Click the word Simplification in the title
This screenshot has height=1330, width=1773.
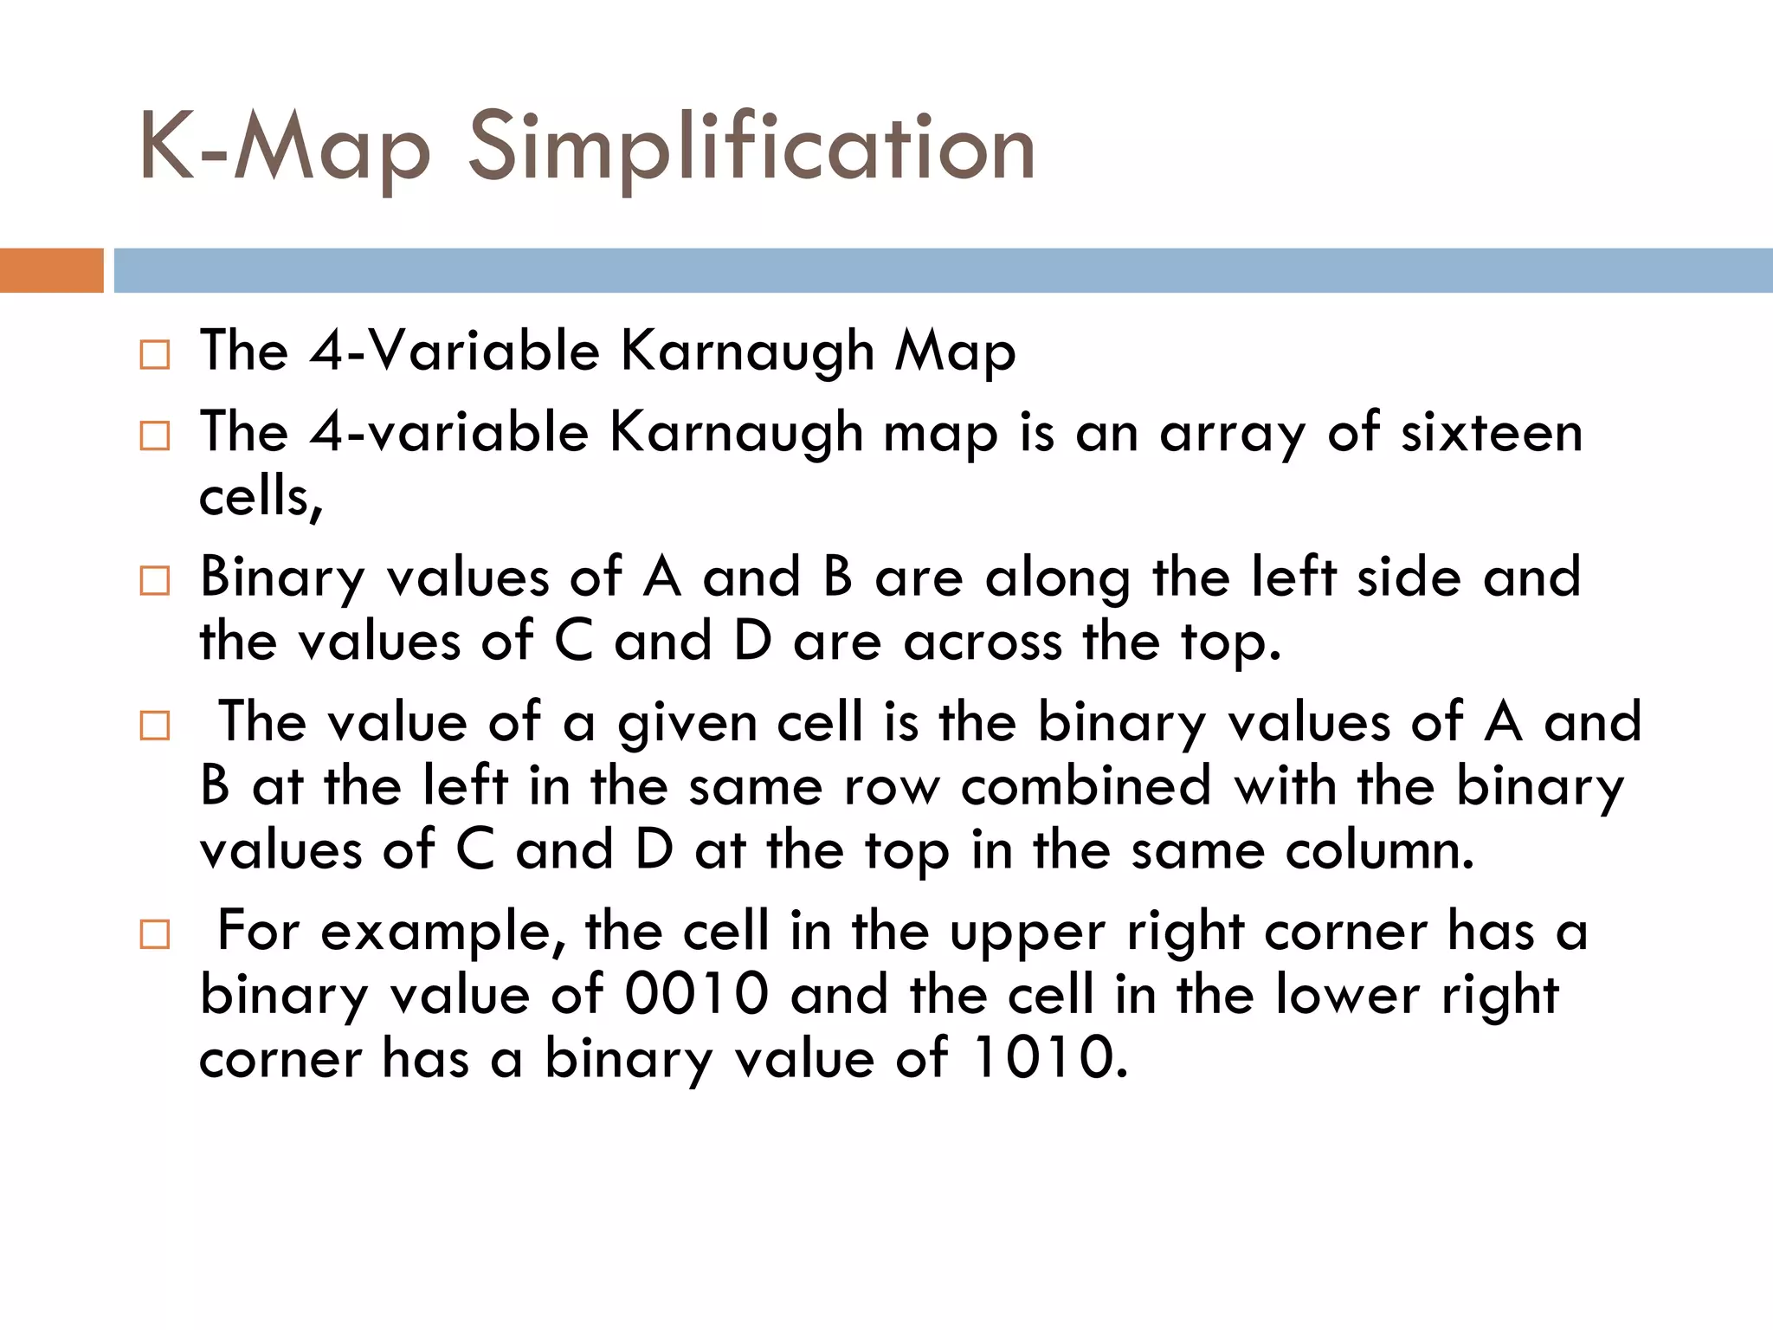(x=751, y=147)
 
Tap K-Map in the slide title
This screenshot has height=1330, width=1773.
(x=284, y=147)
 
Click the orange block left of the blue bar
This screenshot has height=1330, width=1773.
(x=51, y=270)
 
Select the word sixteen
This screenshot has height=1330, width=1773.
(x=1492, y=432)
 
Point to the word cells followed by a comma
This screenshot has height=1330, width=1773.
(x=261, y=497)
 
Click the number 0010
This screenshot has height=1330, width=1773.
(x=696, y=994)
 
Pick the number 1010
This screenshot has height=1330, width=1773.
(x=1050, y=1058)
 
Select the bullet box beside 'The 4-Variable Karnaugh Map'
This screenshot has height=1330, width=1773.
(x=155, y=355)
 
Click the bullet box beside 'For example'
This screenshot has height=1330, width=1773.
(x=155, y=935)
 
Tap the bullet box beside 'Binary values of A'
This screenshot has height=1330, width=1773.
(x=155, y=581)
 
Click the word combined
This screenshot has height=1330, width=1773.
(x=1086, y=786)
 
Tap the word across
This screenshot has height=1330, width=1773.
(x=983, y=642)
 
